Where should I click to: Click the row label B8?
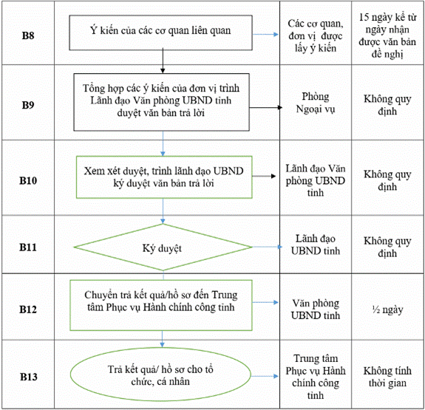click(x=28, y=35)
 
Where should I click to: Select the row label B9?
click(x=28, y=105)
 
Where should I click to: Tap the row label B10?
click(x=28, y=180)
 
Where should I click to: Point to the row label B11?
click(x=28, y=247)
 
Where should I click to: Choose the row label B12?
click(x=28, y=310)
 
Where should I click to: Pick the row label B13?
click(x=29, y=377)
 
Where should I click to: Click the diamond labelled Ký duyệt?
click(x=163, y=247)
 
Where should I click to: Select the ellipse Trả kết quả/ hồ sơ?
click(x=160, y=375)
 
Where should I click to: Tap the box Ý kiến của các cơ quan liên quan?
click(x=160, y=33)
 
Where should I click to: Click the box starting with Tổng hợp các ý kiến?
click(x=162, y=102)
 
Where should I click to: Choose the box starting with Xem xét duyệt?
click(x=164, y=177)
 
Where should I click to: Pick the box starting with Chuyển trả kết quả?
click(x=161, y=305)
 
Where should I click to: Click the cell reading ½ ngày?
click(x=387, y=310)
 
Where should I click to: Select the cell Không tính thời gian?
click(x=387, y=377)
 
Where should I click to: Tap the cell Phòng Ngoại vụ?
click(x=316, y=103)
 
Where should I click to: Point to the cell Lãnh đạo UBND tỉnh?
click(x=316, y=245)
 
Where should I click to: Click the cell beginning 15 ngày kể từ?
click(x=387, y=35)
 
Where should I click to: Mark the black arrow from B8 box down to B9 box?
click(x=163, y=61)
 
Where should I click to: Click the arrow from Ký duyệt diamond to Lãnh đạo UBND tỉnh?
click(x=268, y=247)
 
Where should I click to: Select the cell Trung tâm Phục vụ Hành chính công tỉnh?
click(x=316, y=377)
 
